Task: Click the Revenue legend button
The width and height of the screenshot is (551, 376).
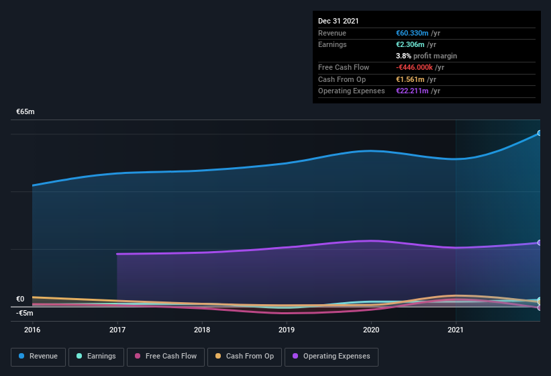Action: [x=39, y=357]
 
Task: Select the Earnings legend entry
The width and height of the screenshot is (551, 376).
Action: [x=96, y=357]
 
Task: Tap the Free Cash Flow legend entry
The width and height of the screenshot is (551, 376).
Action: [x=166, y=357]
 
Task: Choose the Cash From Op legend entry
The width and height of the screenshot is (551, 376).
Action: [x=244, y=357]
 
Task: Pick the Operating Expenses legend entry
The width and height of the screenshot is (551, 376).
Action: [x=332, y=357]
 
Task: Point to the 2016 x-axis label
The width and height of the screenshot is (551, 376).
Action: [x=32, y=330]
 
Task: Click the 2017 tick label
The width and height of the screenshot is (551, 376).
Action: [x=117, y=330]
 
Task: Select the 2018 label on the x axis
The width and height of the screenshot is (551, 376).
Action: [x=202, y=330]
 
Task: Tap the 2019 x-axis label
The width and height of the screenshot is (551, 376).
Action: [x=287, y=330]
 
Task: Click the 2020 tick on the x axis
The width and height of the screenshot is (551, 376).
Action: [x=371, y=330]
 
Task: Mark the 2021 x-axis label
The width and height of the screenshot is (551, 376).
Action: [x=456, y=330]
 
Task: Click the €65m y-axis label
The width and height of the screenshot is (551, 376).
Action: [x=26, y=112]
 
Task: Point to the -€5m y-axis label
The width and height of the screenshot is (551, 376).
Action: [x=25, y=313]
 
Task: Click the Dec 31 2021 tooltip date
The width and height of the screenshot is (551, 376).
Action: [x=338, y=21]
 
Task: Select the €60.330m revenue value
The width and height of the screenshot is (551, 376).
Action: [x=413, y=33]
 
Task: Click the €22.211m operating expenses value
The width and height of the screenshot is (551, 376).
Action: [x=413, y=91]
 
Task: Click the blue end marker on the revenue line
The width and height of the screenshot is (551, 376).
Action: [x=540, y=133]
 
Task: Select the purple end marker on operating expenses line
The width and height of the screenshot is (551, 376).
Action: [x=540, y=243]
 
